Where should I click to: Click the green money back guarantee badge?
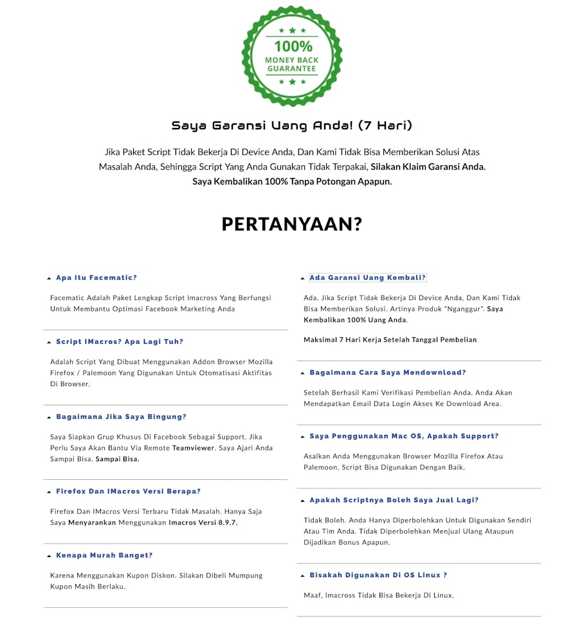292,56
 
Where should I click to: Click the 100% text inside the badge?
293,46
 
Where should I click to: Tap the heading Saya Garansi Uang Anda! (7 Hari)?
292,125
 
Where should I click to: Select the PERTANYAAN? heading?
292,224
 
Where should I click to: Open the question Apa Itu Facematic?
96,278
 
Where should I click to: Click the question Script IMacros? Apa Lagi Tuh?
120,342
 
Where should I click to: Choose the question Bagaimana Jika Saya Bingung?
121,417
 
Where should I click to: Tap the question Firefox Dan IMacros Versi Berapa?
128,492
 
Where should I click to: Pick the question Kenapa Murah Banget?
104,555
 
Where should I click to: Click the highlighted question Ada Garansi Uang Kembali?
367,278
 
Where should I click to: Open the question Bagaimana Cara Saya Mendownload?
387,373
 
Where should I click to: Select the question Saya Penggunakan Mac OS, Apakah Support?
404,436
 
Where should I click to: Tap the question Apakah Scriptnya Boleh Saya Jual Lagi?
394,500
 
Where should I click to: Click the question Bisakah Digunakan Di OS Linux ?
378,575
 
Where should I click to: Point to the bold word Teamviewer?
193,448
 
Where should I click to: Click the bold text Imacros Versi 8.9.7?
203,523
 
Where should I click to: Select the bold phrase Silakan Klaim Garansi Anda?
428,166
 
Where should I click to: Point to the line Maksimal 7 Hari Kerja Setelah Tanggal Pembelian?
390,339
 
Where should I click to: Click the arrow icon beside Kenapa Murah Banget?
49,556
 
